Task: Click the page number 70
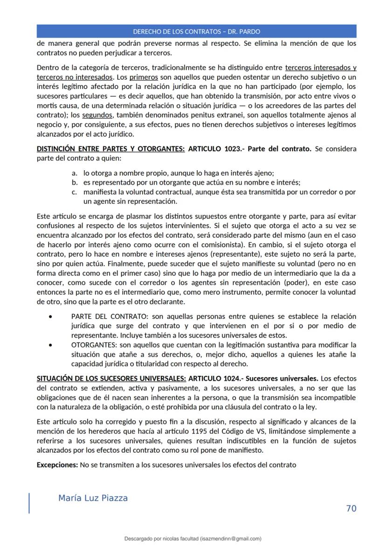click(351, 508)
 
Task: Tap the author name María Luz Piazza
click(93, 498)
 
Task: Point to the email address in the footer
click(230, 539)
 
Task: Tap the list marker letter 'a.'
click(75, 173)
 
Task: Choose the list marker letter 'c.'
click(74, 192)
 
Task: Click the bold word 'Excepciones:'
click(57, 464)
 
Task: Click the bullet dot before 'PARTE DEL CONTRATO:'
click(50, 316)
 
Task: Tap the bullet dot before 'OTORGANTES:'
click(50, 345)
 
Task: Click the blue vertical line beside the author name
click(29, 503)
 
